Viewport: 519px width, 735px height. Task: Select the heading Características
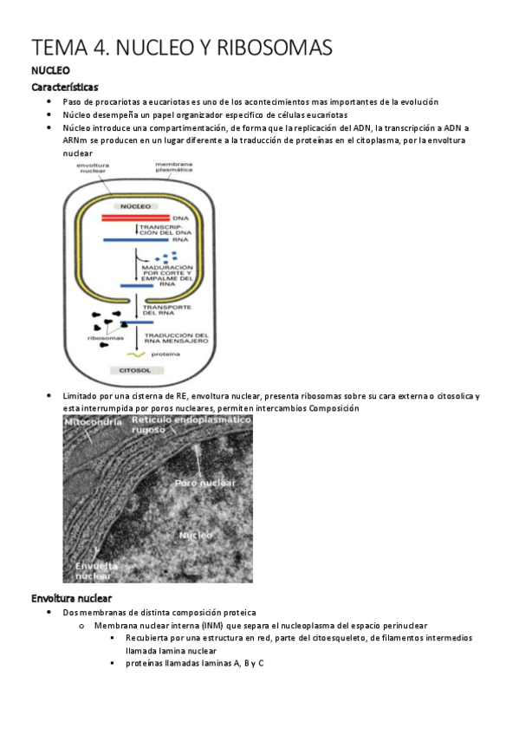(x=65, y=88)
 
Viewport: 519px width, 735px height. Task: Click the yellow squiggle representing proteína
(x=135, y=354)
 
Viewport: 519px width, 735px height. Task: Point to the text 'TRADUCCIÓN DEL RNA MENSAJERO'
(x=176, y=339)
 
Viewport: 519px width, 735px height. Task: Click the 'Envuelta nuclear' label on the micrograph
(x=92, y=569)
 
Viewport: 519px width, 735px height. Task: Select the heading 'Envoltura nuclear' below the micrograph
(x=71, y=598)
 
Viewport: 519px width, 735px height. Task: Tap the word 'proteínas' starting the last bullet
(x=146, y=662)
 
